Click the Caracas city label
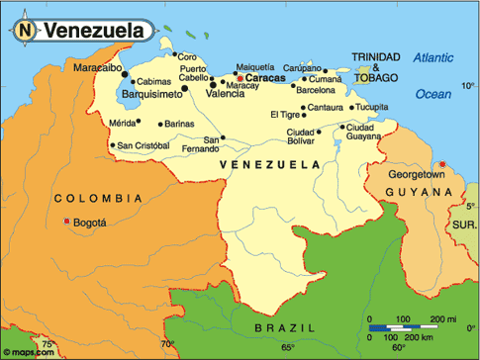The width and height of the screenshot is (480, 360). [265, 76]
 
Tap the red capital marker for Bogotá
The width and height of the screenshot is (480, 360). [66, 223]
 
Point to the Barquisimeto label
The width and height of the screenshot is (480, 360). [151, 93]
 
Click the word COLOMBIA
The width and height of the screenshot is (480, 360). [92, 198]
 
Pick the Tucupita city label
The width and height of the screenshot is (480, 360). [372, 106]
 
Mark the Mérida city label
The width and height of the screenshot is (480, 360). [122, 123]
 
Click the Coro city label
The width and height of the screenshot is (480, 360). [187, 56]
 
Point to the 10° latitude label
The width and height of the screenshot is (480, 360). [468, 86]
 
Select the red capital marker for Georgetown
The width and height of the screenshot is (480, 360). [442, 164]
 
